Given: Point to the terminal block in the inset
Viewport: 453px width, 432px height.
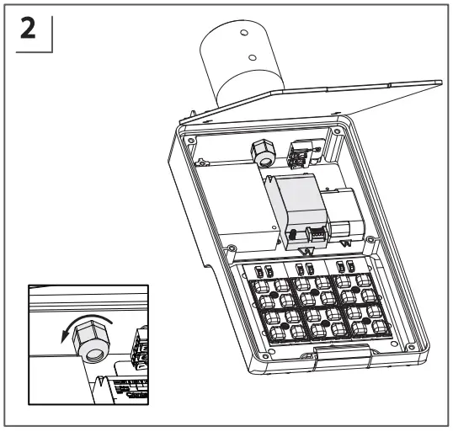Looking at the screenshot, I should (x=140, y=345).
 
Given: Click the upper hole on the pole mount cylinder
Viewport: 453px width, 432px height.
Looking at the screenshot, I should (x=244, y=32).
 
